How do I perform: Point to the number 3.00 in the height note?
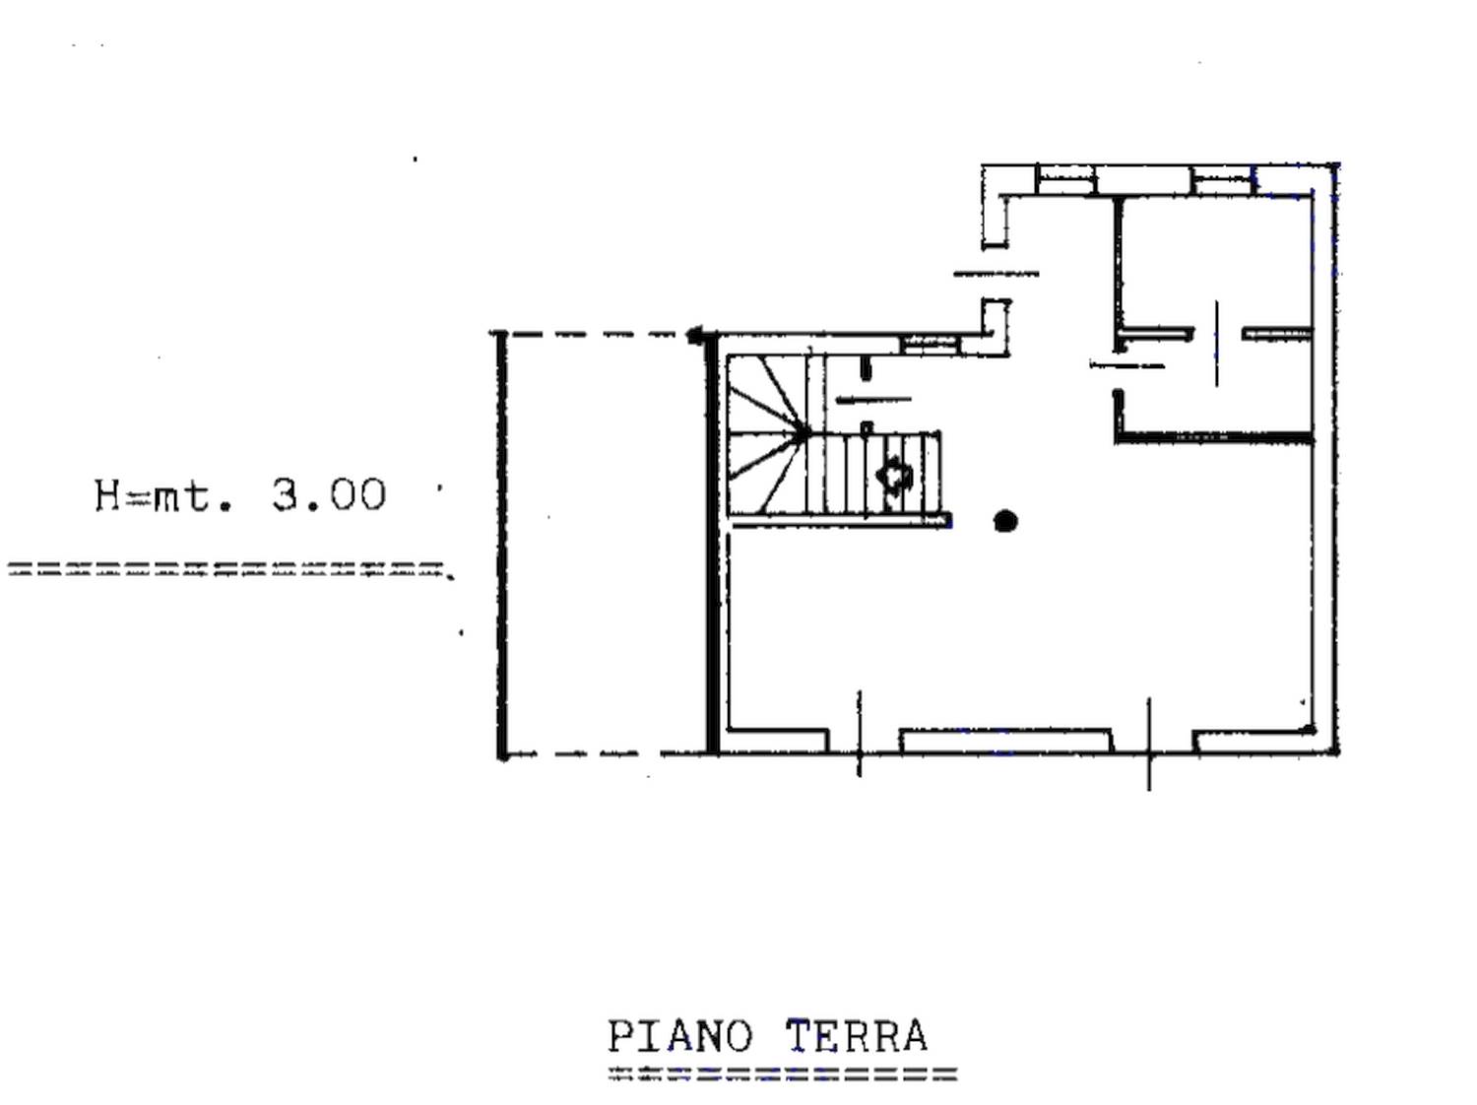[x=329, y=495]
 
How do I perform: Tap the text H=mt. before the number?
[x=163, y=496]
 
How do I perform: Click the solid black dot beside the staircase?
[x=1004, y=521]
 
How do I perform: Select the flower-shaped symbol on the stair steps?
[x=894, y=475]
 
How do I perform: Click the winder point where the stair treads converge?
[x=803, y=432]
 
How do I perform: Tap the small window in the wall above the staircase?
[x=931, y=345]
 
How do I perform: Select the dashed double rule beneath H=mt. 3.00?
[x=228, y=569]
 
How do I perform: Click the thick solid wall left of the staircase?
[x=713, y=543]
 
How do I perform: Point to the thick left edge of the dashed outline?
[x=501, y=545]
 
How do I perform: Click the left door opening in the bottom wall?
[x=864, y=742]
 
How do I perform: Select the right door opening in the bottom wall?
[x=1152, y=742]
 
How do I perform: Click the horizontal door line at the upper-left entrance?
[x=995, y=274]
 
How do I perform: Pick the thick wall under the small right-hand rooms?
[x=1214, y=438]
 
